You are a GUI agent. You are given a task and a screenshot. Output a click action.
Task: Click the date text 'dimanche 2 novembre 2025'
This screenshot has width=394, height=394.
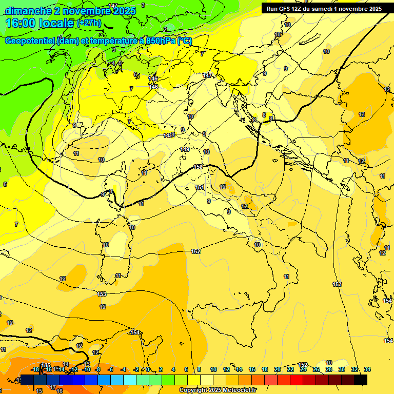(70, 11)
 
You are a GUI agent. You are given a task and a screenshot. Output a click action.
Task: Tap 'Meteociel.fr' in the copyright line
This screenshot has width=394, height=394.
(240, 390)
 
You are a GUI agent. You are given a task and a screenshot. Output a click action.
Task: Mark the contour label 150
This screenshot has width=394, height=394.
(199, 167)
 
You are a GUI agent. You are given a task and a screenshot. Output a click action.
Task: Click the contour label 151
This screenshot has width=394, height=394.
(200, 187)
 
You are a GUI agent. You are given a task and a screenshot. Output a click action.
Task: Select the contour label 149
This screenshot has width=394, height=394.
(185, 149)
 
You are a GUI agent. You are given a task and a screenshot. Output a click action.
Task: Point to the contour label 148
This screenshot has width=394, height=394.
(168, 135)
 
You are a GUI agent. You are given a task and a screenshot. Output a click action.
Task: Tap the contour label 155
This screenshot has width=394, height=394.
(46, 365)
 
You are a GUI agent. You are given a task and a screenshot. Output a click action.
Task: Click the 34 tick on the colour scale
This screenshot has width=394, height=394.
(367, 369)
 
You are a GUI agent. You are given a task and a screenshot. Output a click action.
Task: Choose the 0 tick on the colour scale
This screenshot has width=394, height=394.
(148, 369)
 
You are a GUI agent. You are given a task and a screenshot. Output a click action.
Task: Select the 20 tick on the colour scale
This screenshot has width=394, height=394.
(278, 369)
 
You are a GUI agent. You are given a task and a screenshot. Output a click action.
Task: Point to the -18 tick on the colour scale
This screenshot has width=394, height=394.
(35, 369)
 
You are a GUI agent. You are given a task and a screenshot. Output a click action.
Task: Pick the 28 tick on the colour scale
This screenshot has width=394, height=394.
(329, 369)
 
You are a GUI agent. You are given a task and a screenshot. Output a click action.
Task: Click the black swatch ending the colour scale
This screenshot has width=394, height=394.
(361, 380)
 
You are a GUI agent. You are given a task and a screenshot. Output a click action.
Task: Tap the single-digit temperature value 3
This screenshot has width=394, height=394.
(143, 5)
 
